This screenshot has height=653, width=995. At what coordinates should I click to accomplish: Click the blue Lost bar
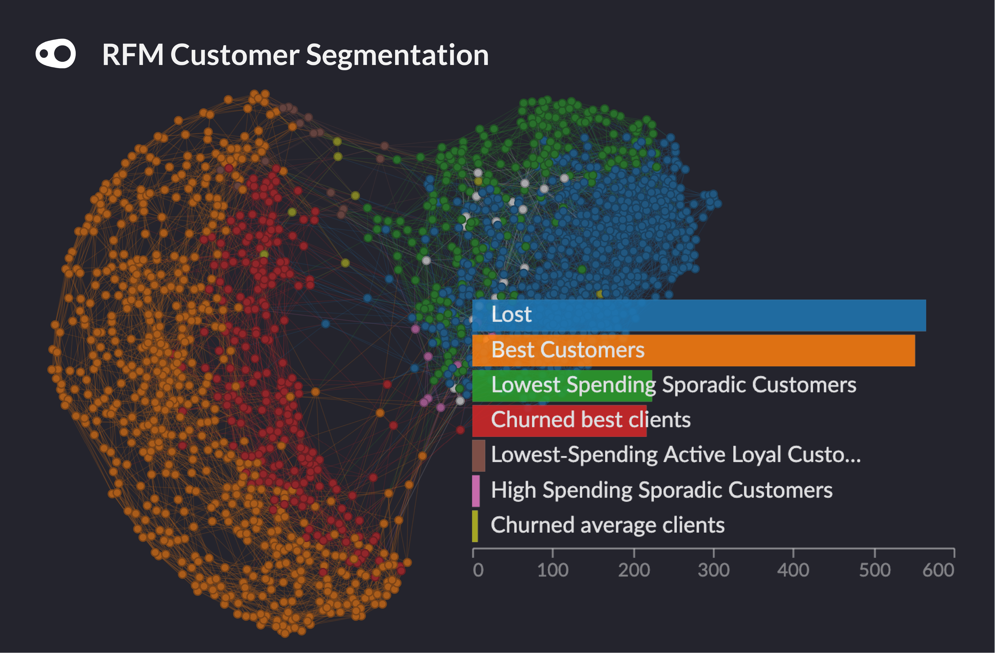(x=699, y=316)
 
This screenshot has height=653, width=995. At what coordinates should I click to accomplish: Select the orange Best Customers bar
(x=694, y=350)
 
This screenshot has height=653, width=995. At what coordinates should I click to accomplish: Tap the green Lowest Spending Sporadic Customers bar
(x=562, y=386)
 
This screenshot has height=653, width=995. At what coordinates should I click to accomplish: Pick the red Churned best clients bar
(x=559, y=421)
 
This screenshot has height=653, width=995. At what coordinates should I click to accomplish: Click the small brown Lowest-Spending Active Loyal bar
(x=479, y=456)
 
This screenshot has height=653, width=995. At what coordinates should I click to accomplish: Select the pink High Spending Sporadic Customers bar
(x=476, y=491)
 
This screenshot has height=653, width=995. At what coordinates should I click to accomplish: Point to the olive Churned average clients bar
(x=475, y=526)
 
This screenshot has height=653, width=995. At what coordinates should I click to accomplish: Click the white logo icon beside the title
(x=56, y=53)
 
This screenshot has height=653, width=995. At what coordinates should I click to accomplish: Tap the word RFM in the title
(x=133, y=55)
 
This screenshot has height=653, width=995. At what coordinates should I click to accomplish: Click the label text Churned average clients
(x=607, y=525)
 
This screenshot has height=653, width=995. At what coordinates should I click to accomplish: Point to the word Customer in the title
(x=235, y=55)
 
